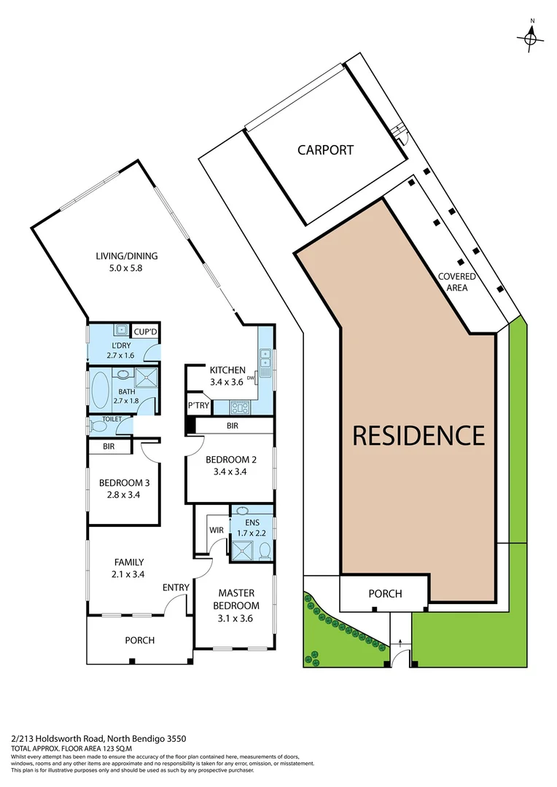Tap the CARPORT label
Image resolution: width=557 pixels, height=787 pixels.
[x=325, y=150]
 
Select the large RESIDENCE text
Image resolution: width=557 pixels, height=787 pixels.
[x=418, y=435]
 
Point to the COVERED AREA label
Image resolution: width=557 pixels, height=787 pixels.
[x=457, y=282]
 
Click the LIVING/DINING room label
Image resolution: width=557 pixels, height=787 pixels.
[x=127, y=256]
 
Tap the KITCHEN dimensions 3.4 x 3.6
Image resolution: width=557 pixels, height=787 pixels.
[x=227, y=381]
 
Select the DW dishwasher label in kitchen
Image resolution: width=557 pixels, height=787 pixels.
[x=251, y=378]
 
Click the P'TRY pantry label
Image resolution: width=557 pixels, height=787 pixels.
[x=198, y=405]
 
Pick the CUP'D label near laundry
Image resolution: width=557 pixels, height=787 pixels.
[x=146, y=332]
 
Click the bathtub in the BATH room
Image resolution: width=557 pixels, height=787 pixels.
[x=98, y=386]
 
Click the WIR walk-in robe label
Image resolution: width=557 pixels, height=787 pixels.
[x=215, y=530]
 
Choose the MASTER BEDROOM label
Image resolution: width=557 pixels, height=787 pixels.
[x=235, y=600]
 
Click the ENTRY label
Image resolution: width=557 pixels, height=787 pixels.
[x=176, y=587]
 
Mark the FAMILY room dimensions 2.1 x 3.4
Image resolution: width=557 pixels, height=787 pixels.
[x=128, y=574]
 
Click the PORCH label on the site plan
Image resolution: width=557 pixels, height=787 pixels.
[x=385, y=593]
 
